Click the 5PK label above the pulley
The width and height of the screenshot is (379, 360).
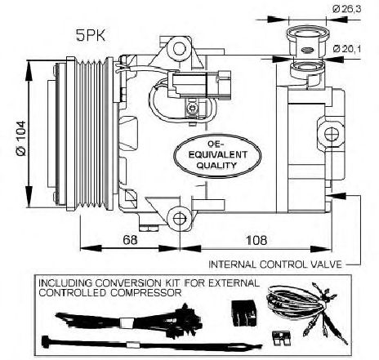tap(91, 36)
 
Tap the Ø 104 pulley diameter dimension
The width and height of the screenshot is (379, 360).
tap(21, 138)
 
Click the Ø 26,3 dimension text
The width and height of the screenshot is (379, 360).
tap(346, 9)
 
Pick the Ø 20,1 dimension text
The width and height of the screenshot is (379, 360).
tap(346, 49)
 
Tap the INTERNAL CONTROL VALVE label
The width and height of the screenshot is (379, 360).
tap(275, 264)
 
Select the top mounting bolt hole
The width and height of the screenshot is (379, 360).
tap(179, 49)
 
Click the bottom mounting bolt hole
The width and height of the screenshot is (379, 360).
tap(180, 219)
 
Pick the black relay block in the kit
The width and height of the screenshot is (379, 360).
tap(243, 313)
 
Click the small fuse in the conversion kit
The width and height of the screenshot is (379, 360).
tap(280, 337)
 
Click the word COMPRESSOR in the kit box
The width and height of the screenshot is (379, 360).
tap(146, 293)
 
